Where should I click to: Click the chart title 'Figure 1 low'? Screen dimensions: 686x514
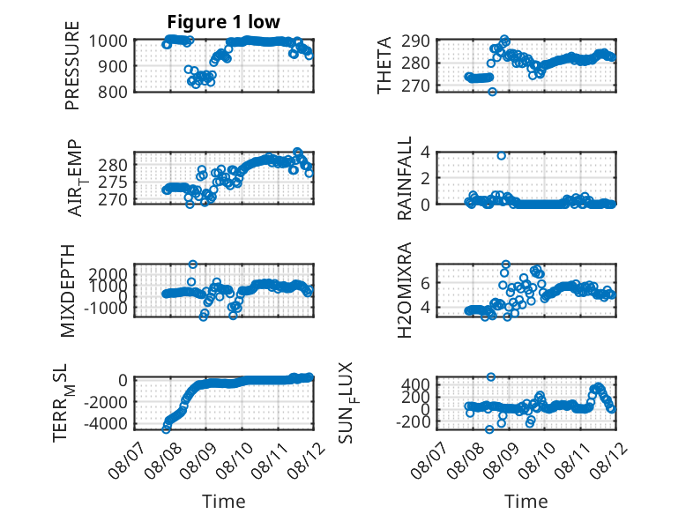(224, 21)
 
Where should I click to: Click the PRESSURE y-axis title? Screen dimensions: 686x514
(72, 65)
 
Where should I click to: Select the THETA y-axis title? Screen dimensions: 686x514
(384, 65)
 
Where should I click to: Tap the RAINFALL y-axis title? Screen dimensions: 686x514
(404, 178)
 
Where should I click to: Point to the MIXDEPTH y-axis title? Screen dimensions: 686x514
(68, 291)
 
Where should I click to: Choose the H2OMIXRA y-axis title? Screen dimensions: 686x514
(404, 290)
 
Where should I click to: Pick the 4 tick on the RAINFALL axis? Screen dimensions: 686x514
(425, 153)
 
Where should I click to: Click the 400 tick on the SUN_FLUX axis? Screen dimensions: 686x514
(415, 384)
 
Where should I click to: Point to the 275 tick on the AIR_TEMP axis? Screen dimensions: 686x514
(113, 183)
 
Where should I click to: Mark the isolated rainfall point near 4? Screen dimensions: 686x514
(502, 156)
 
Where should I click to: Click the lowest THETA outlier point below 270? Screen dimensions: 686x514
(493, 92)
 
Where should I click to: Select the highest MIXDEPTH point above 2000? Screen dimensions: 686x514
(193, 264)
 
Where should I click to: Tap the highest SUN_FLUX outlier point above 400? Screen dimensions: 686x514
(491, 377)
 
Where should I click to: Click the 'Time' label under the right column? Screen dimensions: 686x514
(526, 502)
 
